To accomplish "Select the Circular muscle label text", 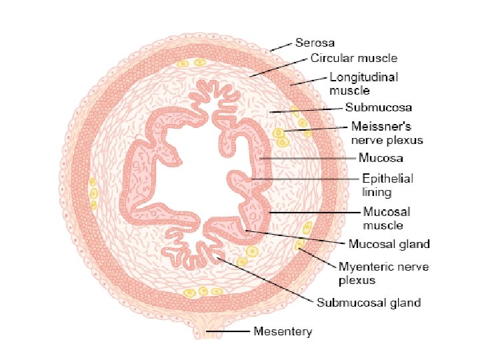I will click(354, 58).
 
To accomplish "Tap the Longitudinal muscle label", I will click(364, 83).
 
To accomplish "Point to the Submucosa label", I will click(378, 107).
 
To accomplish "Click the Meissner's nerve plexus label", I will click(387, 133).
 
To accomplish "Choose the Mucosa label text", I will click(381, 159).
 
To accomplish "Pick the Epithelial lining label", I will click(387, 185).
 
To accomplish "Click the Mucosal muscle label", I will click(386, 218).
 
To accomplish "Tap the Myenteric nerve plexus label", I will click(383, 273).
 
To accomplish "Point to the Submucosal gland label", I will click(368, 303).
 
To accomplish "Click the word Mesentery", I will click(283, 331).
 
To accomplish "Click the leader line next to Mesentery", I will click(229, 331).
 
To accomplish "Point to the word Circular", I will click(331, 58).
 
